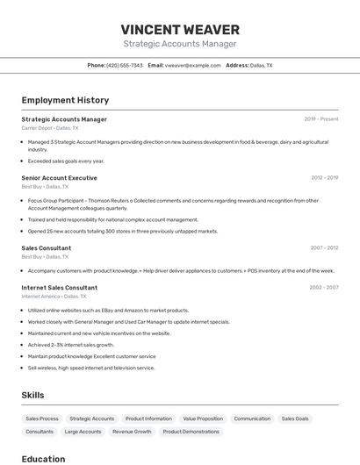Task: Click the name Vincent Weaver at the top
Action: point(179,30)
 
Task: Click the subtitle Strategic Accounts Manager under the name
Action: point(179,43)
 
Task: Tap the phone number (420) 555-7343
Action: point(125,65)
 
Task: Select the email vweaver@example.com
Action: point(192,65)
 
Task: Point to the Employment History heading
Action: point(65,100)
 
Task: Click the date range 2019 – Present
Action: point(321,119)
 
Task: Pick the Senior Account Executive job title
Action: point(59,178)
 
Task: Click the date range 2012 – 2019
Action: point(324,178)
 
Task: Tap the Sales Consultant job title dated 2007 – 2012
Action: point(46,248)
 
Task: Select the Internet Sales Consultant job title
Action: point(59,288)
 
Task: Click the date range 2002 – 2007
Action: point(324,288)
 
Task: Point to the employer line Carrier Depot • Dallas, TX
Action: point(49,128)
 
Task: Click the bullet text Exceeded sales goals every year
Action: point(66,161)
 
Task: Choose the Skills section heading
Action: point(32,396)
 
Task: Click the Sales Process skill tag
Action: point(42,418)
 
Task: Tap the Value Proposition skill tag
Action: point(203,418)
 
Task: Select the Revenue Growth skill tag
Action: point(132,432)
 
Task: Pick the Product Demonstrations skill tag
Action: point(191,432)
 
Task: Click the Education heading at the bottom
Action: point(43,459)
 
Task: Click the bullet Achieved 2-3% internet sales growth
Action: point(71,345)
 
